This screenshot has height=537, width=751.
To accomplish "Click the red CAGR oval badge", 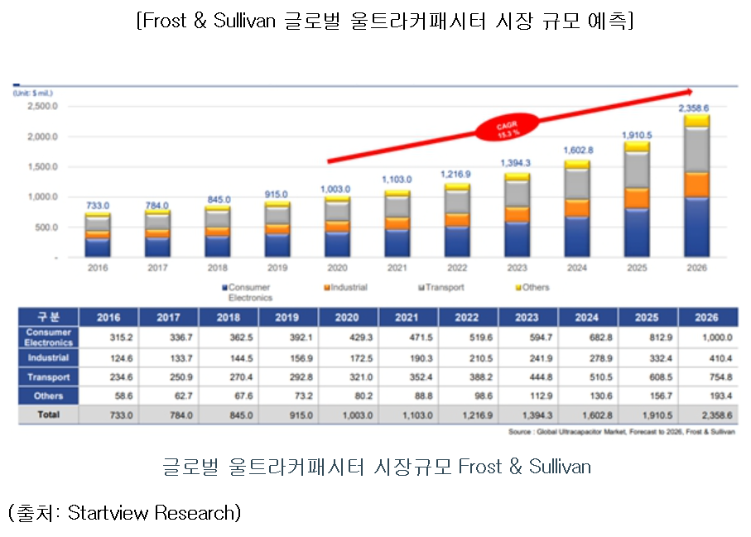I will pyautogui.click(x=508, y=128).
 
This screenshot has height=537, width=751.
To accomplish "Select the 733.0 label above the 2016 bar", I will pyautogui.click(x=99, y=205).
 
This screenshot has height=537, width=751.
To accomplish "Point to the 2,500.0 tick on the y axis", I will pyautogui.click(x=41, y=107).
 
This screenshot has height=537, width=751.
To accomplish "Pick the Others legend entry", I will pyautogui.click(x=532, y=287).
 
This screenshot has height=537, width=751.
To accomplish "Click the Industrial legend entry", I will pyautogui.click(x=346, y=287).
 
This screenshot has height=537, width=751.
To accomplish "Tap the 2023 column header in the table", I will pyautogui.click(x=528, y=317).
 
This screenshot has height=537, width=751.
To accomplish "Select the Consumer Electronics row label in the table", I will pyautogui.click(x=48, y=338).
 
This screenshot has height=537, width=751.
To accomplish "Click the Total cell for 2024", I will pyautogui.click(x=588, y=415).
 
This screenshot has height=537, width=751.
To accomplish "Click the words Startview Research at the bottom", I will pyautogui.click(x=152, y=513).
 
